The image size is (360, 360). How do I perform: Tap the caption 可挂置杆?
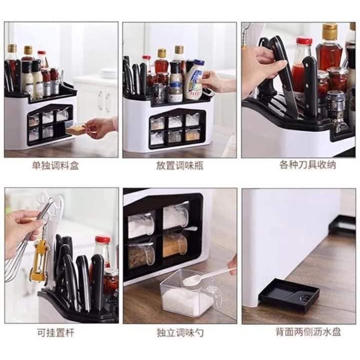55,332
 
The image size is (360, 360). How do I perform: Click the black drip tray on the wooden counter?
288,295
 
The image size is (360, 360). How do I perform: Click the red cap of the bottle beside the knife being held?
303,41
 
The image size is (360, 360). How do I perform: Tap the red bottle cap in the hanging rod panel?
102,240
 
